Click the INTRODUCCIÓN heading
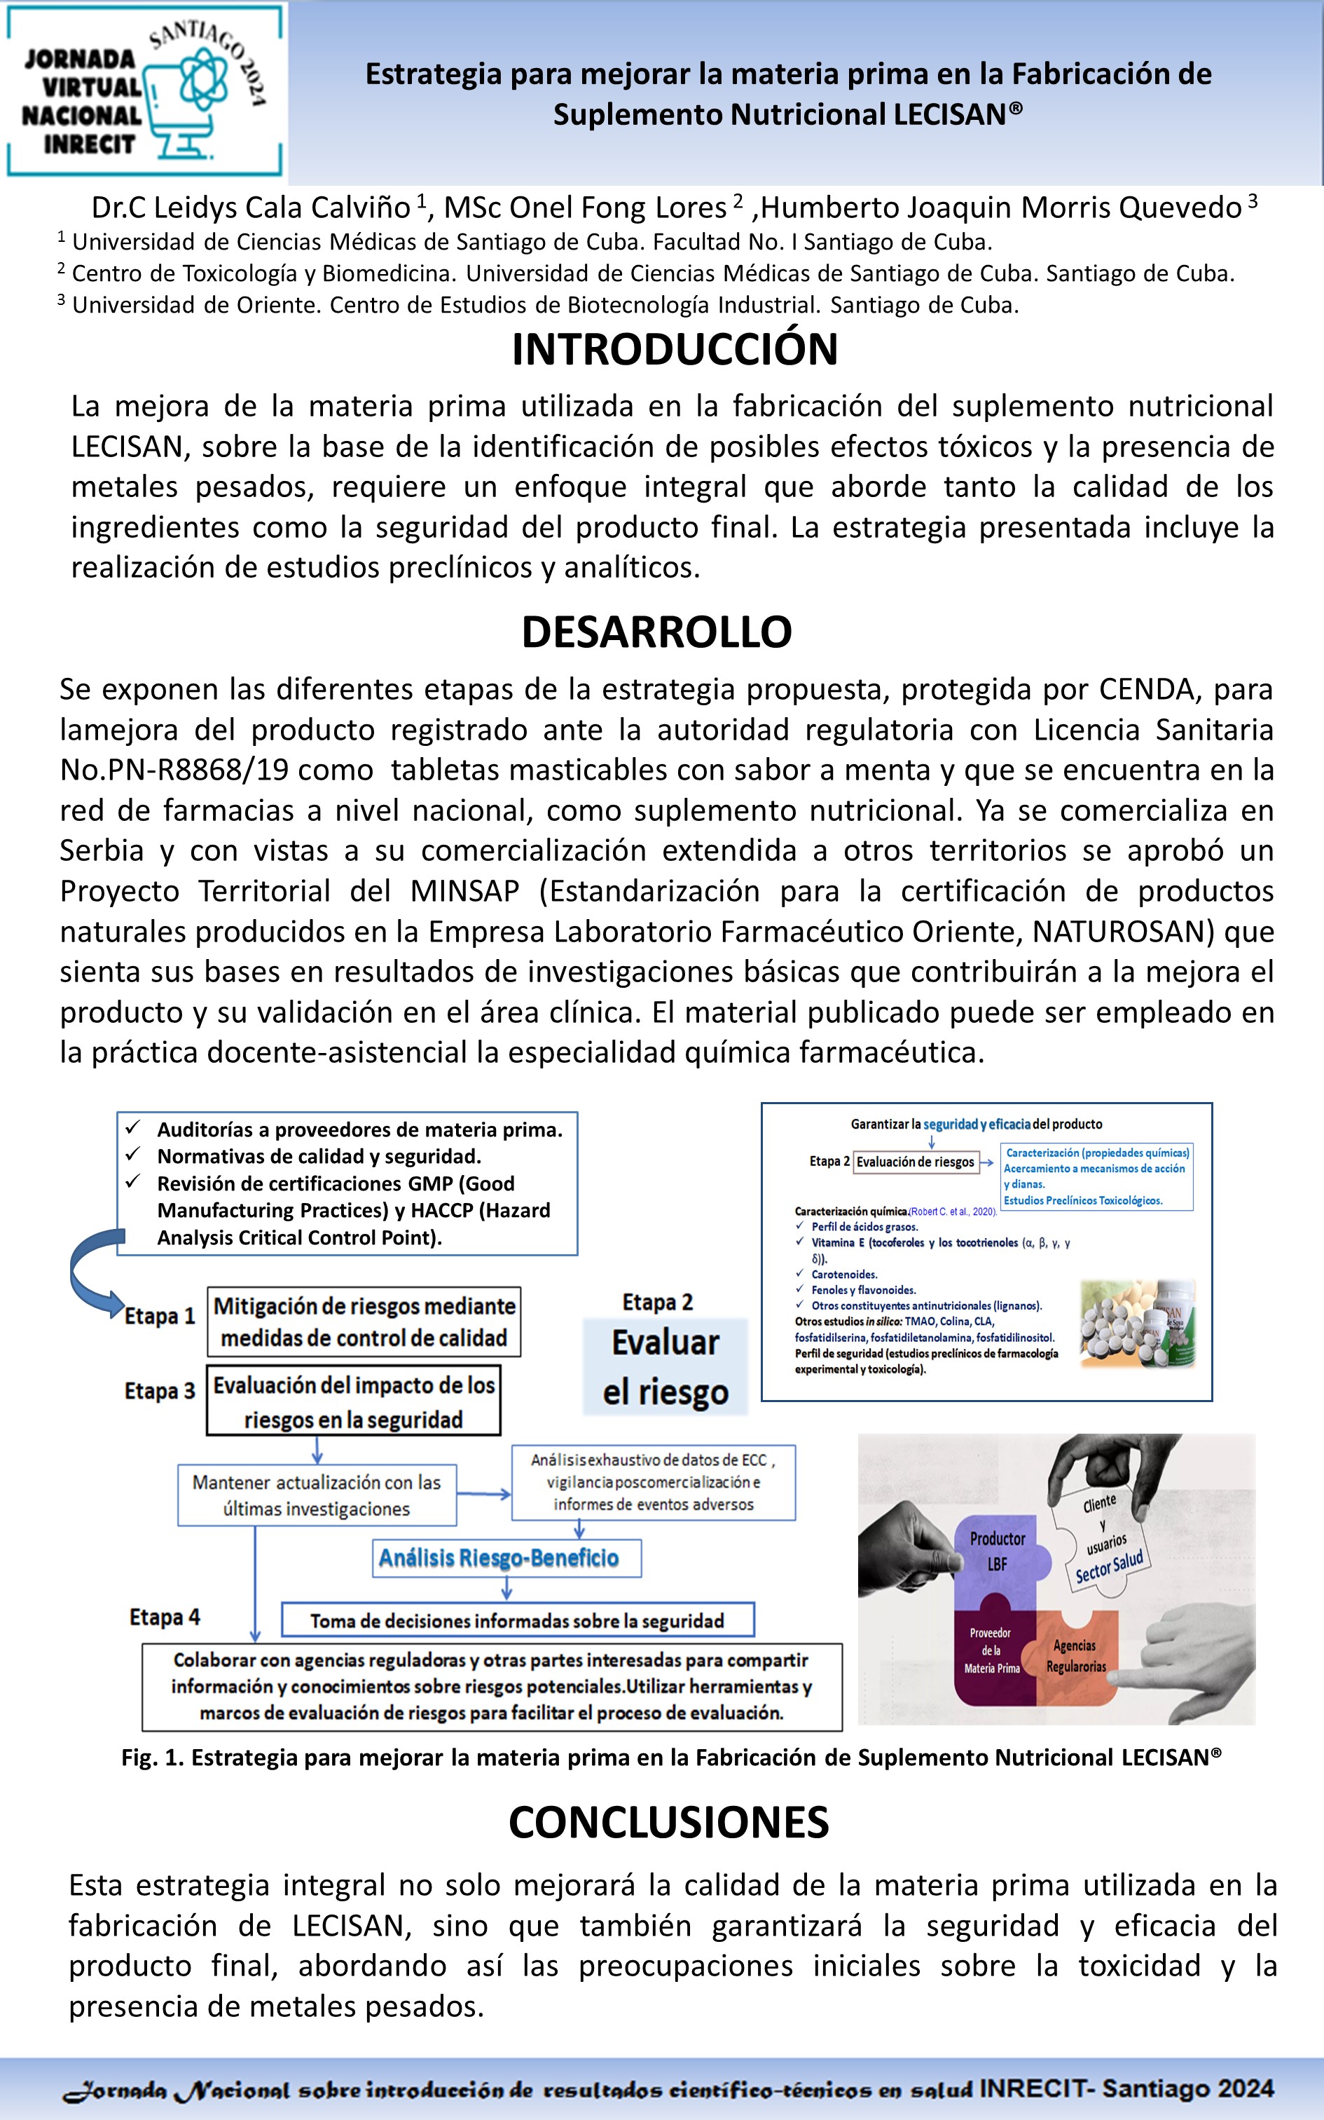click(x=674, y=350)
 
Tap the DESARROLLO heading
click(x=657, y=632)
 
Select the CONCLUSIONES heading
click(x=668, y=1822)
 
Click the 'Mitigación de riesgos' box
click(x=364, y=1322)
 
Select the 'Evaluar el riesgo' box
click(x=666, y=1366)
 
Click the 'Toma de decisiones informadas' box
click(x=517, y=1621)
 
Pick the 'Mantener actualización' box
click(x=316, y=1495)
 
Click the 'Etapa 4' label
click(x=165, y=1617)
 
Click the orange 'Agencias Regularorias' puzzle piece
click(x=1075, y=1656)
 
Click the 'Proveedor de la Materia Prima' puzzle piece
click(x=991, y=1651)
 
